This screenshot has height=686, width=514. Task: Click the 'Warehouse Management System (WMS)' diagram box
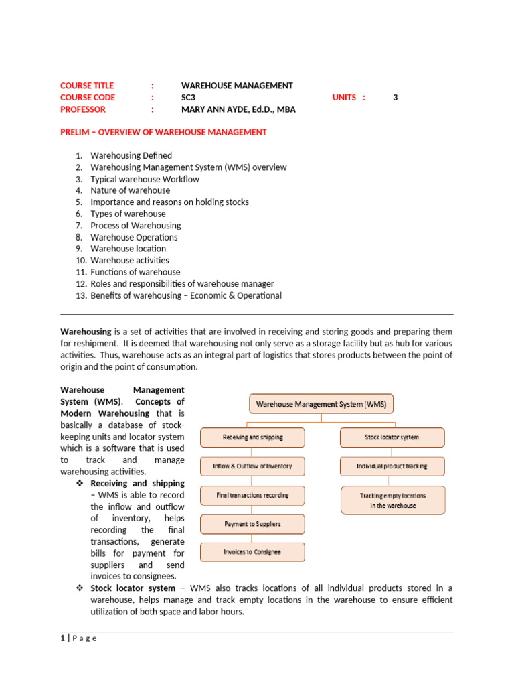click(x=322, y=404)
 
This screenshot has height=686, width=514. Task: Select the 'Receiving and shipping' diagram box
click(x=253, y=437)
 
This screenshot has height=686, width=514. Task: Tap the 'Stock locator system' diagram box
click(x=392, y=437)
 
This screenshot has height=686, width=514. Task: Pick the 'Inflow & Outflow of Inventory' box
click(x=253, y=466)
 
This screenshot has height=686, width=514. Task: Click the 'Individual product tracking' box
click(x=392, y=466)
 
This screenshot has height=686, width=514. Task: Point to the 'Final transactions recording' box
click(x=253, y=496)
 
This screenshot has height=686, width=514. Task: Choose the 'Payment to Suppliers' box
click(x=253, y=524)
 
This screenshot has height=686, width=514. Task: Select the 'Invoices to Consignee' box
click(x=253, y=552)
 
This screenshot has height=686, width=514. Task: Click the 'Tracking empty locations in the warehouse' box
click(x=393, y=500)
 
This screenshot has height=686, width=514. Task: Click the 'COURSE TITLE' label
click(x=87, y=86)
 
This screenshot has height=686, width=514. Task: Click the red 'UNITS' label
click(x=345, y=97)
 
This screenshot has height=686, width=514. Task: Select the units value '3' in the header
click(x=395, y=97)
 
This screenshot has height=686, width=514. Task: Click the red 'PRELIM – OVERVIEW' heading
click(x=163, y=132)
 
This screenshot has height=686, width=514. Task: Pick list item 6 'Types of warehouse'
click(x=128, y=214)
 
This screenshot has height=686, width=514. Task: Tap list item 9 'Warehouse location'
click(x=128, y=249)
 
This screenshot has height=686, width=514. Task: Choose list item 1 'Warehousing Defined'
click(x=131, y=155)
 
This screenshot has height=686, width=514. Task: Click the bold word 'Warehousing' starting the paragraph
click(x=86, y=332)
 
